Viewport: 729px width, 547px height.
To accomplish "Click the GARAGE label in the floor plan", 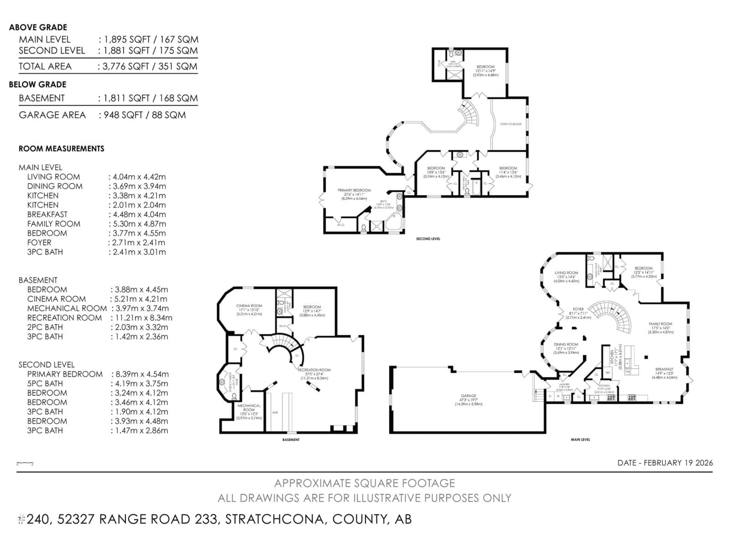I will tap(468, 396).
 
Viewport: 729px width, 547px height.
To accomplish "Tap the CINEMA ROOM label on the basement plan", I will tap(249, 306).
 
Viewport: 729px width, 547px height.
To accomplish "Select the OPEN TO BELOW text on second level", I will tap(511, 124).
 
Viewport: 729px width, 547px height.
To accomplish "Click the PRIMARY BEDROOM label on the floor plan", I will tap(354, 190).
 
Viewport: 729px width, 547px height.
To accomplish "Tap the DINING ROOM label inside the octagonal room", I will tap(566, 344).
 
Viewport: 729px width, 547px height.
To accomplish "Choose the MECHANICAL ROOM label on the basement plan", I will tap(249, 408).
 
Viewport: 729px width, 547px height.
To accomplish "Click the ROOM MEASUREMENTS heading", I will tap(61, 149).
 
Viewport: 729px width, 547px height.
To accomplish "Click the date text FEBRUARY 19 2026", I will tap(678, 463).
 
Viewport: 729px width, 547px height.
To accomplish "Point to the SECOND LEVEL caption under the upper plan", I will tap(428, 239).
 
